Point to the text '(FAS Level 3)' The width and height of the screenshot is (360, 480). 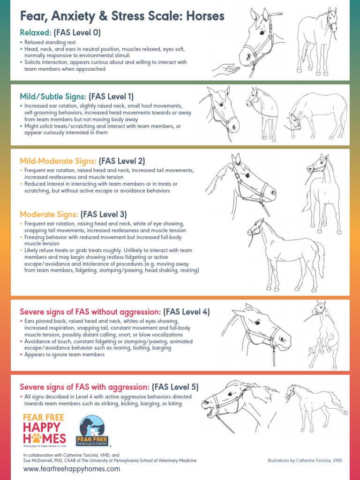104,214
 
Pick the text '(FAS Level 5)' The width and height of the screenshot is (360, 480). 175,387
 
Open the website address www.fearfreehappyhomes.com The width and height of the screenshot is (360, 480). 71,469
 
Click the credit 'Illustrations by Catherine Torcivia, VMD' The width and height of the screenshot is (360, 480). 305,461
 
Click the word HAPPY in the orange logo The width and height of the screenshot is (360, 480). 42,427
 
